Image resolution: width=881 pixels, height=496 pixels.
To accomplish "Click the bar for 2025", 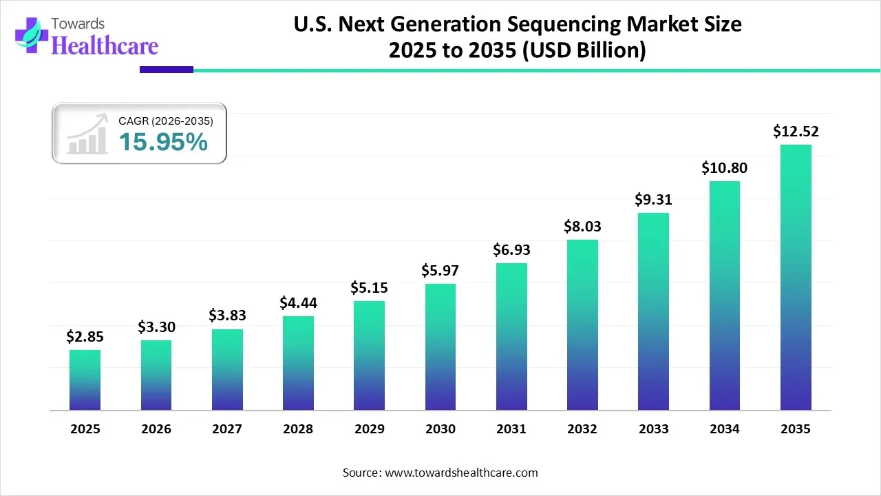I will (x=85, y=380).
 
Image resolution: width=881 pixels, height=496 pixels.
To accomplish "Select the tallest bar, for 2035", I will (x=796, y=278).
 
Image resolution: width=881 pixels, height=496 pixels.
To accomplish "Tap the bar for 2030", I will (x=440, y=347).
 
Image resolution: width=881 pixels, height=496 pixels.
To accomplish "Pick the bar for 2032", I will (x=582, y=325).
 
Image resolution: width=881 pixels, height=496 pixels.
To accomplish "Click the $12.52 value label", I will (x=796, y=131).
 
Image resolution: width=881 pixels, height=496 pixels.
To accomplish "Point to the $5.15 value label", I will (x=369, y=287).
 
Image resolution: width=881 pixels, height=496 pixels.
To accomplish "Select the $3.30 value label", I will (x=156, y=326).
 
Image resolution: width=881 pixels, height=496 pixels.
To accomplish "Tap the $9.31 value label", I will (x=653, y=199).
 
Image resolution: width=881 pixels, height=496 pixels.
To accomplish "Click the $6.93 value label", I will (x=511, y=249).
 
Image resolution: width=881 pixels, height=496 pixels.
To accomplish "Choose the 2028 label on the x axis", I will (x=298, y=429).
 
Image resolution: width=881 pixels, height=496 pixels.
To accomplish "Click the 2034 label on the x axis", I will (x=725, y=429).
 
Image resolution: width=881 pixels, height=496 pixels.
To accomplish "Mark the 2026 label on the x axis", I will (x=156, y=429).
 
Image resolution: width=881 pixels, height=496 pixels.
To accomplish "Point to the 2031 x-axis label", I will (x=511, y=429).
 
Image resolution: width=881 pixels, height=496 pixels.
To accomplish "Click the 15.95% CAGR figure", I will (x=163, y=142).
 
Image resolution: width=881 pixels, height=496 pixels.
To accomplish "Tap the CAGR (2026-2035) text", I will (x=166, y=121).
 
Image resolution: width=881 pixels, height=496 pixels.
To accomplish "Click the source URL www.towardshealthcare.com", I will (x=460, y=473).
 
